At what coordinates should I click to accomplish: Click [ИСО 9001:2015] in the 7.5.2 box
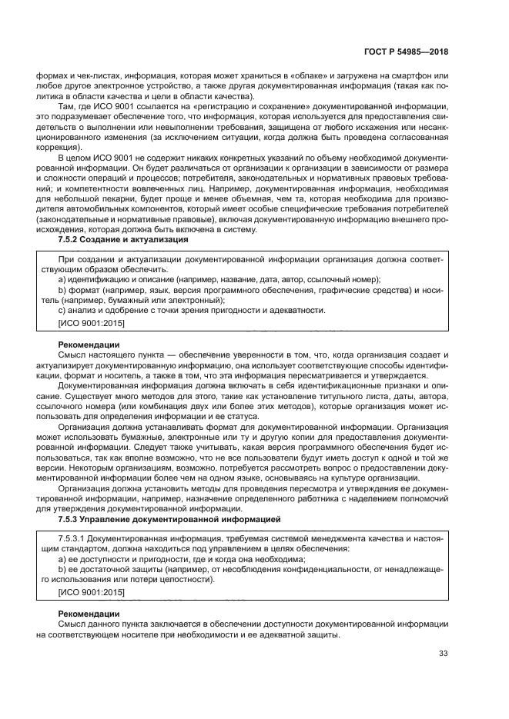[91, 322]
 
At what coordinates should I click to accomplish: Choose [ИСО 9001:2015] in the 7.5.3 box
[91, 593]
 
